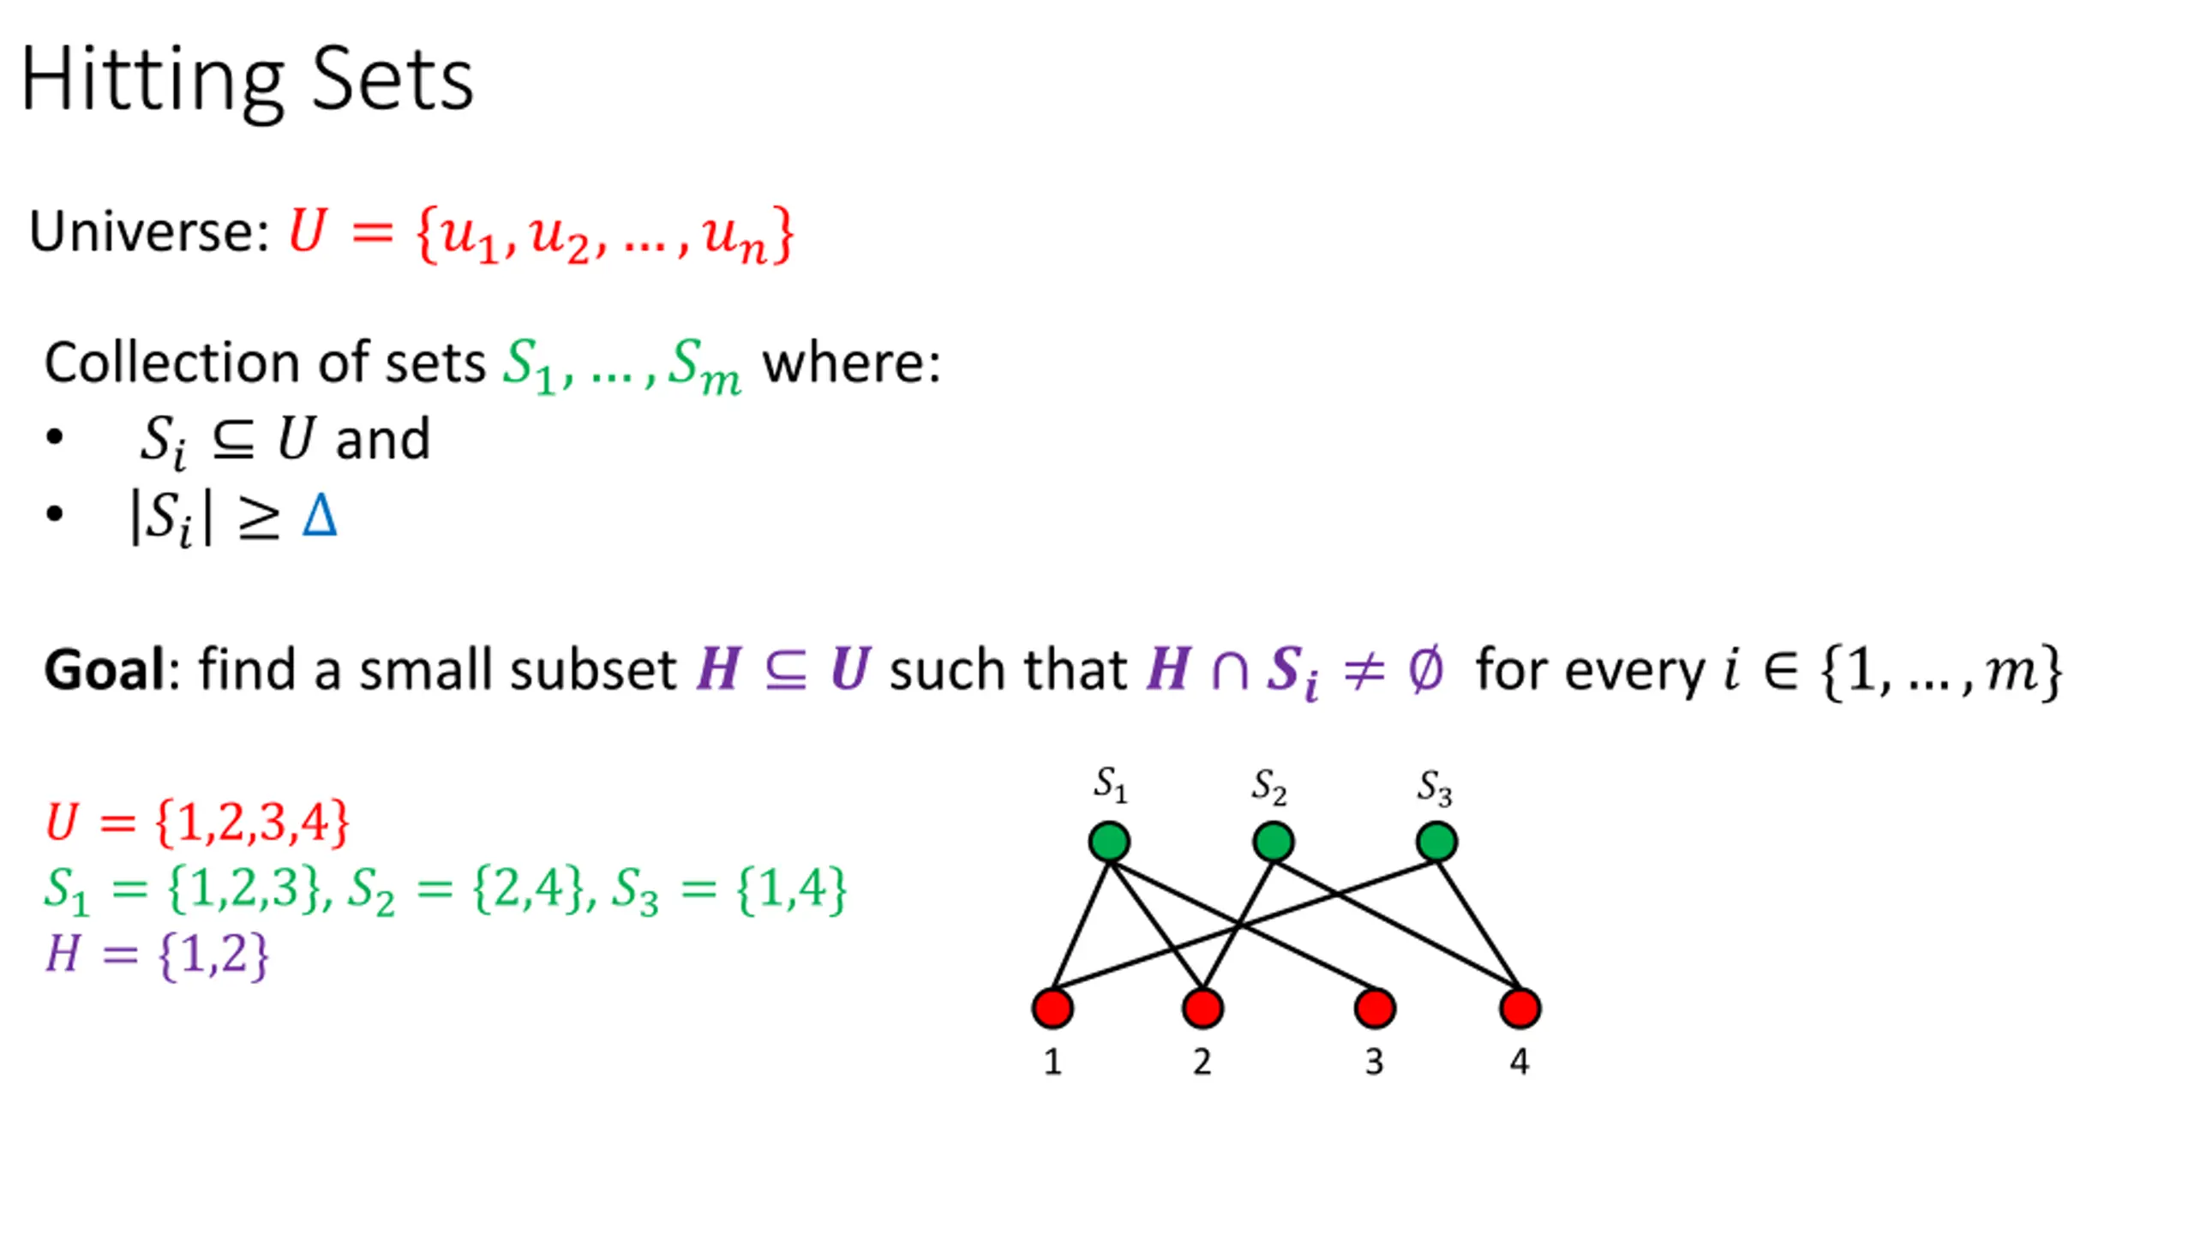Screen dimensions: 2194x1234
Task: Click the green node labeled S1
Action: [x=1109, y=842]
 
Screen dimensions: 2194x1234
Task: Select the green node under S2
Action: [x=1273, y=842]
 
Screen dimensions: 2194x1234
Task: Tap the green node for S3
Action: [x=1436, y=842]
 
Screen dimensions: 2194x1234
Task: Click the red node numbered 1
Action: [x=1052, y=1008]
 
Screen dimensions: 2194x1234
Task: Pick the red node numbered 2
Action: [x=1202, y=1008]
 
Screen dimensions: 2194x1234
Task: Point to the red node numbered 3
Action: [x=1375, y=1008]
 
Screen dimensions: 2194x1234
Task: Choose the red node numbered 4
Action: [x=1520, y=1008]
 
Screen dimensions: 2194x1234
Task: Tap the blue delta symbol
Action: [x=320, y=516]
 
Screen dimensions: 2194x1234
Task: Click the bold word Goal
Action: [x=104, y=669]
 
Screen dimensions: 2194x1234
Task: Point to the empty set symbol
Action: [x=1425, y=669]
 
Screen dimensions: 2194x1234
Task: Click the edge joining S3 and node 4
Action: [x=1478, y=925]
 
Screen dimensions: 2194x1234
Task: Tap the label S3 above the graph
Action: [x=1434, y=787]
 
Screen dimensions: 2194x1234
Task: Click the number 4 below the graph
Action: [x=1520, y=1062]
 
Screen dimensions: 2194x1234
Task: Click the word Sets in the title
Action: [x=392, y=81]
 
